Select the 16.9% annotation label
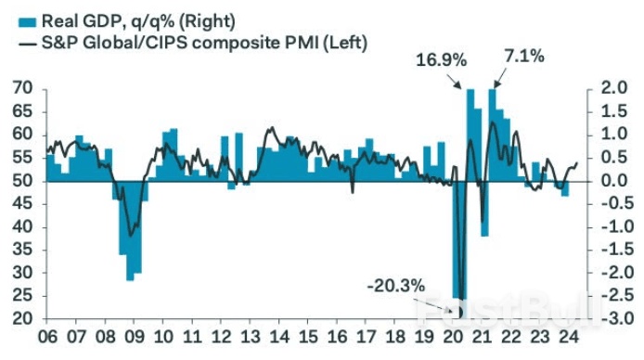coord(440,58)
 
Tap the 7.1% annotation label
coord(524,57)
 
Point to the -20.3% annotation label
coord(394,285)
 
